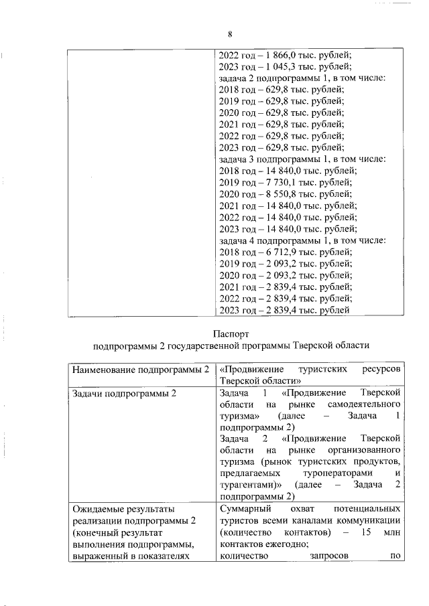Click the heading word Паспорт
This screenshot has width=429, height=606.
pos(231,333)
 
